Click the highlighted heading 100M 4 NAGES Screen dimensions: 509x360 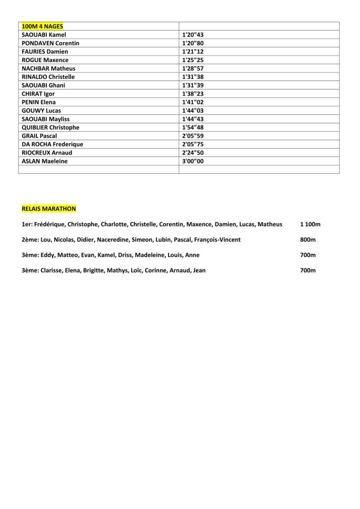[42, 26]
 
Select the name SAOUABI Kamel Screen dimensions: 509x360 [44, 34]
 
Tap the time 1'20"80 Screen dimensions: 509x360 [193, 43]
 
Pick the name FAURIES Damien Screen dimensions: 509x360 [45, 51]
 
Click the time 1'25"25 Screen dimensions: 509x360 [193, 60]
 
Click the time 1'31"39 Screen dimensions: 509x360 [193, 85]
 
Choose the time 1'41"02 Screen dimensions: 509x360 [193, 102]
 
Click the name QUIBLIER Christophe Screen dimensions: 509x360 [51, 127]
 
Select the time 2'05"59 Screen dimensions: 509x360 [193, 136]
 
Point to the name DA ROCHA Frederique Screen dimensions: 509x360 [52, 144]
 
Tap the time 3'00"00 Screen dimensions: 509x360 [193, 161]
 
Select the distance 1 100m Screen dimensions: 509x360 [310, 224]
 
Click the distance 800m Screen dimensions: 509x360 [308, 240]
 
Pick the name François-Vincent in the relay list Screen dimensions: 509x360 [217, 240]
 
